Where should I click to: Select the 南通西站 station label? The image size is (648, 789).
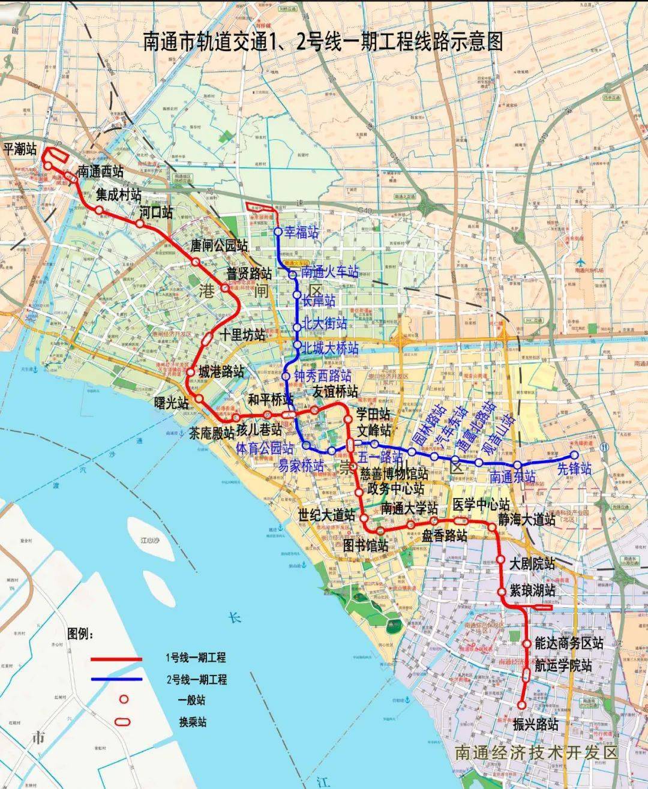tap(100, 170)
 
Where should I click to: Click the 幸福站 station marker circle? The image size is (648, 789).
tap(278, 232)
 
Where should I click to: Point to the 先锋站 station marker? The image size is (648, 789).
tap(574, 455)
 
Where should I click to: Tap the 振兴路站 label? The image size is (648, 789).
tap(536, 724)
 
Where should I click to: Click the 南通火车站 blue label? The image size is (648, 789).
tap(330, 273)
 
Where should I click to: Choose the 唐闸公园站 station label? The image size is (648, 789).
tap(218, 245)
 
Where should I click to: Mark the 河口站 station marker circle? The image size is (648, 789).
tap(139, 224)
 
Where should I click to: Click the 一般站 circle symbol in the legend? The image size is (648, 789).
tap(124, 699)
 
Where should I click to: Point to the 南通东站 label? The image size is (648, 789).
tap(512, 478)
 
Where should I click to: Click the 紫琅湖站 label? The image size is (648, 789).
tap(533, 590)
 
